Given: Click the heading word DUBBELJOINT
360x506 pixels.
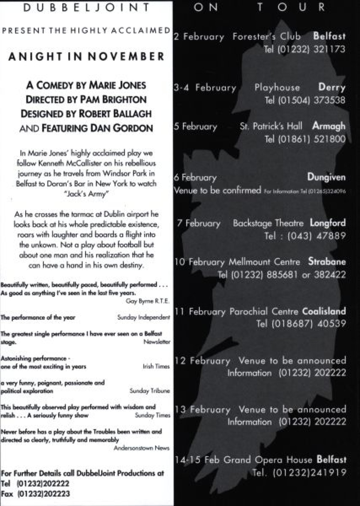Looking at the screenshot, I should (86, 7).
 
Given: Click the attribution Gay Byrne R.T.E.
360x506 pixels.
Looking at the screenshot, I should (148, 301).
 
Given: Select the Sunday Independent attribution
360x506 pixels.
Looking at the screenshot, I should (143, 317).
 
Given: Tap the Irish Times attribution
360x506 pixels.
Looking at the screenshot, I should (156, 366).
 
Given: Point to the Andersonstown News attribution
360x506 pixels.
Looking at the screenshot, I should (142, 448).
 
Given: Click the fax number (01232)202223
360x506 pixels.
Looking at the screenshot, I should (44, 494).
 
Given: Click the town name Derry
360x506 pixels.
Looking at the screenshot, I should (332, 87).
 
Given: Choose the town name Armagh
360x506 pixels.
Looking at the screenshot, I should (329, 126).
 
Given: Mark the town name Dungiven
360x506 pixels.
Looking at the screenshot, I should (326, 177).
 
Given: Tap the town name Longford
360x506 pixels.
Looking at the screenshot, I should (328, 223).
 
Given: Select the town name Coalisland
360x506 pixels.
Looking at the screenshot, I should (324, 311).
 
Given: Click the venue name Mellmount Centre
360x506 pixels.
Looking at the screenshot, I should (264, 262).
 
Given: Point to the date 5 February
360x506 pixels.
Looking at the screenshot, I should (195, 126).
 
